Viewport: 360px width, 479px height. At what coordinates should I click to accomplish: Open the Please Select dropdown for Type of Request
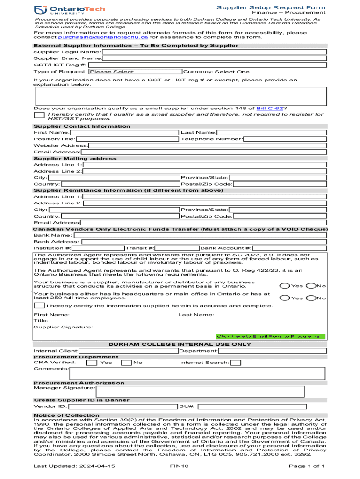tap(135, 72)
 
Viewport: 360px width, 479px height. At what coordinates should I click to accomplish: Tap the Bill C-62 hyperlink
tap(269, 108)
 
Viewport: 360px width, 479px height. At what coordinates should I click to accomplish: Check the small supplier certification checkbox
tap(39, 115)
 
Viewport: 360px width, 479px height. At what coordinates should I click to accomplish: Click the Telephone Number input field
tap(285, 139)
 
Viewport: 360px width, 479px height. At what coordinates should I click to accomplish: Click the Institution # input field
tap(98, 248)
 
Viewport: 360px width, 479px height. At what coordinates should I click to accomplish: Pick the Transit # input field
tap(177, 248)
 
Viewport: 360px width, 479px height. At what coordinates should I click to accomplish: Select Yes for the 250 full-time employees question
tap(284, 298)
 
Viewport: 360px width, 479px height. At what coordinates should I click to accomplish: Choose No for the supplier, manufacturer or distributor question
tap(311, 286)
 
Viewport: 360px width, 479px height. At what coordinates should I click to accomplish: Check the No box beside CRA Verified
tap(126, 363)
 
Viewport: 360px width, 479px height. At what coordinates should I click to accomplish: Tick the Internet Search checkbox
tap(236, 363)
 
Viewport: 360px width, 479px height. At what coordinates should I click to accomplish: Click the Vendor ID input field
tap(123, 406)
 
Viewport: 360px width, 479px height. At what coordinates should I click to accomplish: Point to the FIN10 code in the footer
tap(179, 466)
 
